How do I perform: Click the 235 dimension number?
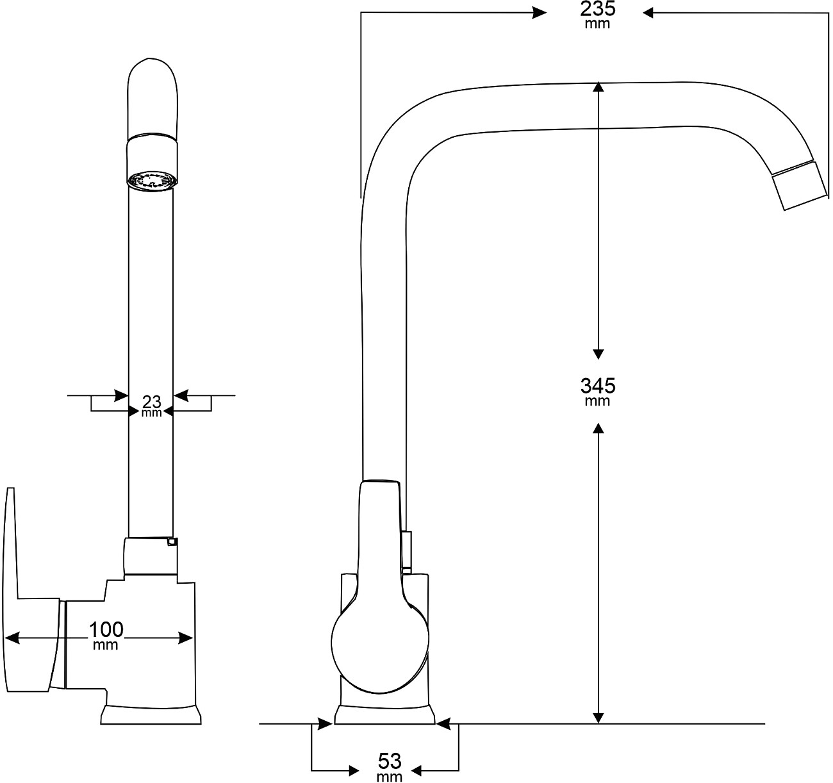597,10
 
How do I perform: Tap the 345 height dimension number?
597,386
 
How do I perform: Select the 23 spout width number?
151,402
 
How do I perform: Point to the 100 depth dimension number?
106,629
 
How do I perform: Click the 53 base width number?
390,761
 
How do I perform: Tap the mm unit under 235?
597,24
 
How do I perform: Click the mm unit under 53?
390,777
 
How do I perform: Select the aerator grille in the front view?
151,181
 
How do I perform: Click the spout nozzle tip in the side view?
798,185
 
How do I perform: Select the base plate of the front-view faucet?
152,715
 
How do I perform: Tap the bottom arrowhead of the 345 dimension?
598,718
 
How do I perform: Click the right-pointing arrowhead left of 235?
539,12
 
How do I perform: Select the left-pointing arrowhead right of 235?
649,12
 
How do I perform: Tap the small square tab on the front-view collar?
171,541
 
